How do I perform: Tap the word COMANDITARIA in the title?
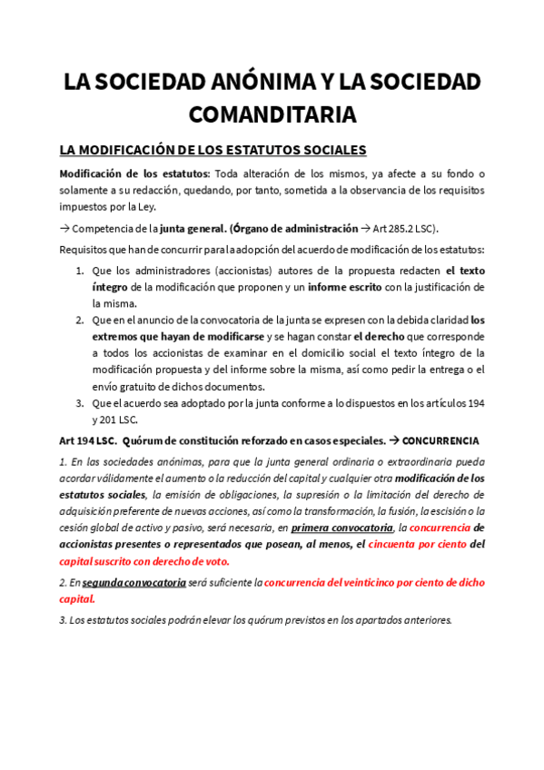272,114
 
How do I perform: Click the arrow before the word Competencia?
64,228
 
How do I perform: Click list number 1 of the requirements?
80,271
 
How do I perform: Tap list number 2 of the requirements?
80,320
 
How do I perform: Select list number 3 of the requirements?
80,402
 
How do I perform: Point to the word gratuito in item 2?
128,386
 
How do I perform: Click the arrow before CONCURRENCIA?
394,440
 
